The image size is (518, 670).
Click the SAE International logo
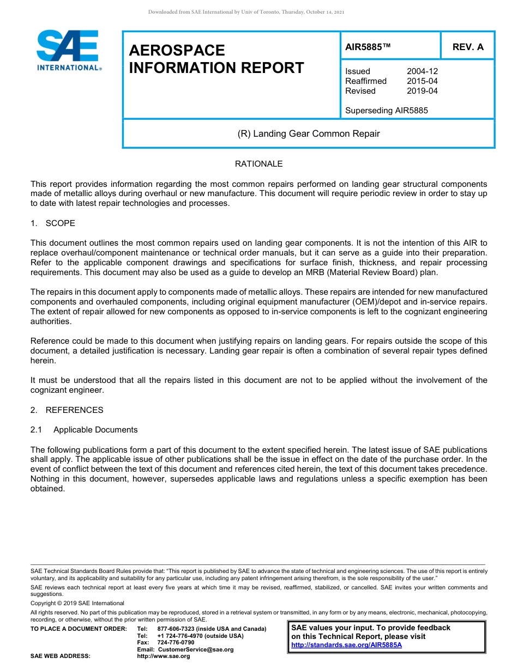(68, 50)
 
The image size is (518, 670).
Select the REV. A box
(467, 47)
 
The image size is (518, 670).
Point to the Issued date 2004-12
(422, 71)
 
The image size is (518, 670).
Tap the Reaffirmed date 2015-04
(422, 81)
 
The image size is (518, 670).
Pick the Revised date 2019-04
(422, 91)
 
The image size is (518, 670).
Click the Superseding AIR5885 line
(386, 111)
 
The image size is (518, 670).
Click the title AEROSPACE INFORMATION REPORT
(216, 59)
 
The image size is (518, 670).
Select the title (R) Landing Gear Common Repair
(308, 133)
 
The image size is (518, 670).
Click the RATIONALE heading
(258, 164)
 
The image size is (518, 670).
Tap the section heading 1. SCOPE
(53, 223)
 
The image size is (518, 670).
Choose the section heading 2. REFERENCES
(67, 410)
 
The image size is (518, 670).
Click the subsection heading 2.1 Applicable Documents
(84, 430)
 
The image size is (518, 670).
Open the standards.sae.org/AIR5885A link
(346, 645)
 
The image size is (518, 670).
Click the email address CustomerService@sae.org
(195, 649)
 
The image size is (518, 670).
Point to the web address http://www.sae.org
(163, 656)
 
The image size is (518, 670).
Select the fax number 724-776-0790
(176, 643)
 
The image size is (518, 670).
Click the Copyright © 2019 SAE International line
(77, 603)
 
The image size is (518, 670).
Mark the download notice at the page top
(246, 11)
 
